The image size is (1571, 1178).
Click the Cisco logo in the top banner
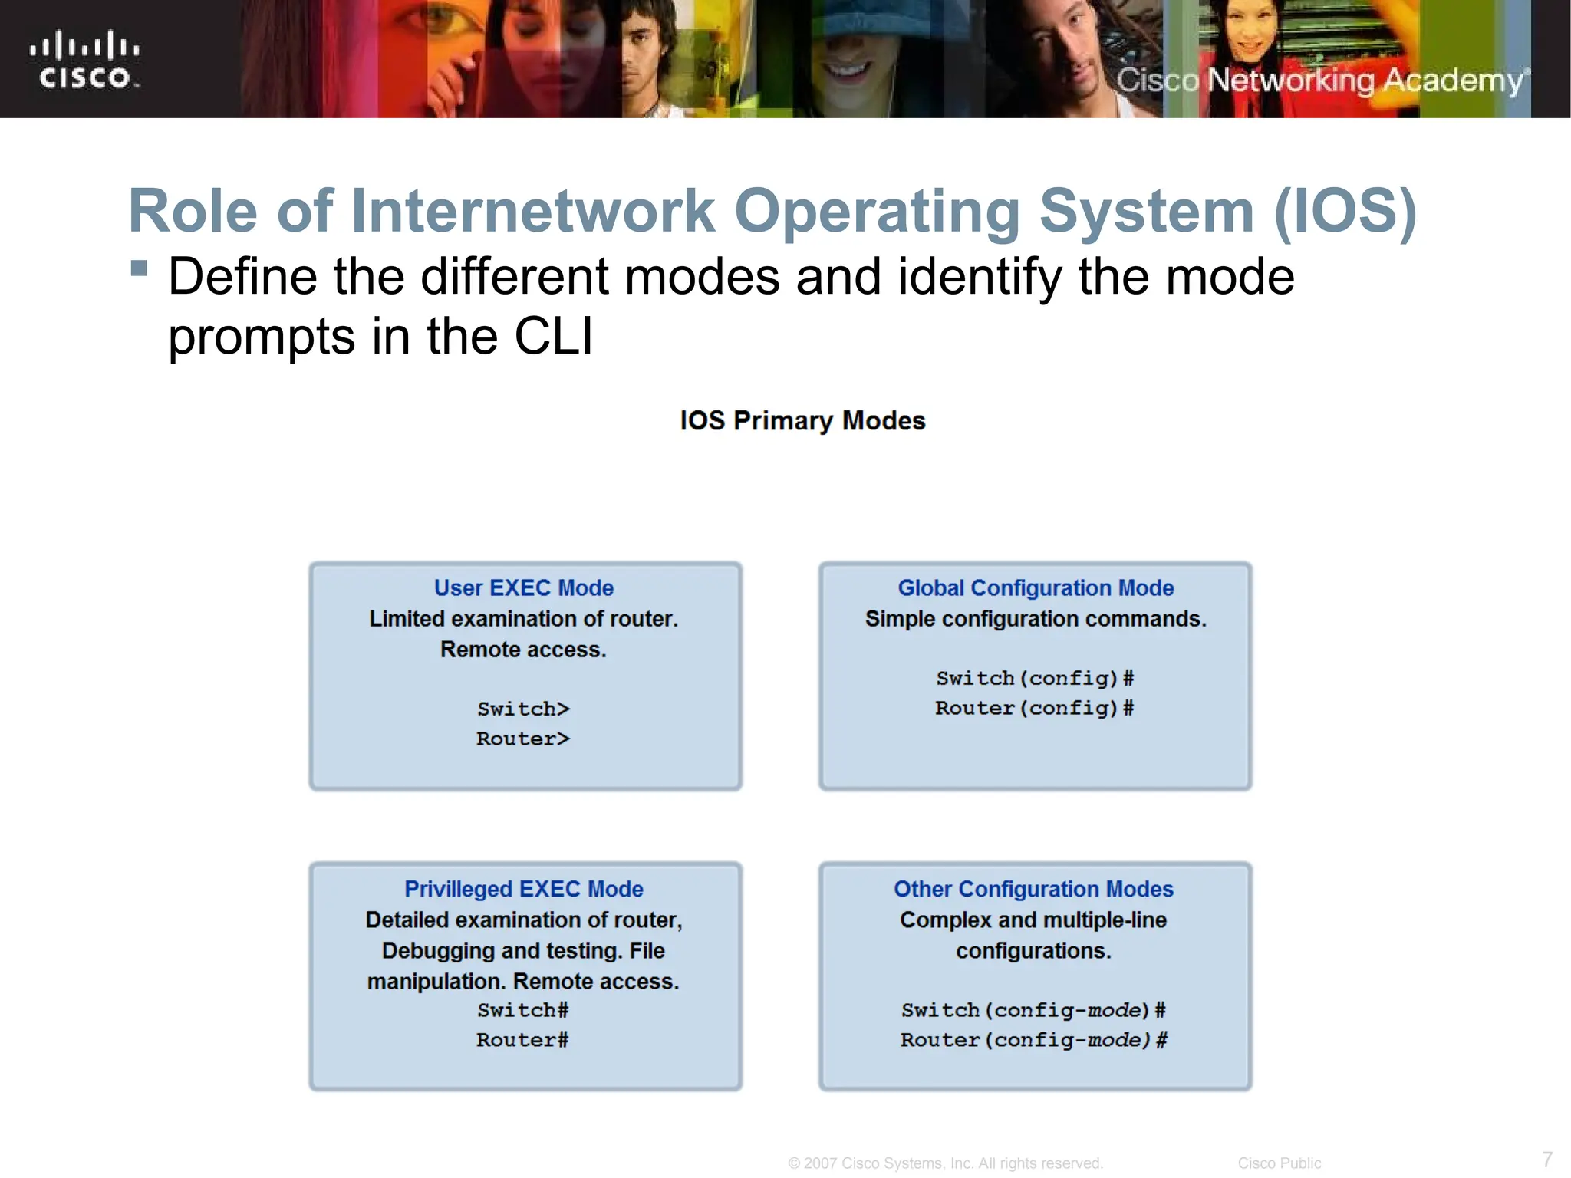84,60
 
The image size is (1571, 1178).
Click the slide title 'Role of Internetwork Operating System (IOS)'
772,211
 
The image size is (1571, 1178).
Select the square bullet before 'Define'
139,268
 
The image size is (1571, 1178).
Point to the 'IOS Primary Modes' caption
802,420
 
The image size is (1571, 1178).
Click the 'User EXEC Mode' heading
524,587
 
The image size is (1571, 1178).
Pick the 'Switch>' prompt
524,709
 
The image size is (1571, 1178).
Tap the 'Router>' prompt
523,739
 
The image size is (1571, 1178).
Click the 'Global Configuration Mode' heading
1036,587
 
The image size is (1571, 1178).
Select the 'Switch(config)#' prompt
1035,678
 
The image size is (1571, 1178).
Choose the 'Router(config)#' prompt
1034,708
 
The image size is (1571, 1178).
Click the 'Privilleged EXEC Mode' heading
524,889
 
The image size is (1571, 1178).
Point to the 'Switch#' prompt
523,1010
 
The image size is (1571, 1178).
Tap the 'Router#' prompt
522,1040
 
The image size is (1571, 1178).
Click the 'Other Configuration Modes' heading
1033,889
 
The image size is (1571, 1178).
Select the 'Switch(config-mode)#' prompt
1033,1010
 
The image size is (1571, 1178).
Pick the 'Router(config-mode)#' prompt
1033,1040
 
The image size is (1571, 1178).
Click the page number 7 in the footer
1547,1159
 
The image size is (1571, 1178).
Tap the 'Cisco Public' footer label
1279,1163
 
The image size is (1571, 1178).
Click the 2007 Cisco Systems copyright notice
945,1163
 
